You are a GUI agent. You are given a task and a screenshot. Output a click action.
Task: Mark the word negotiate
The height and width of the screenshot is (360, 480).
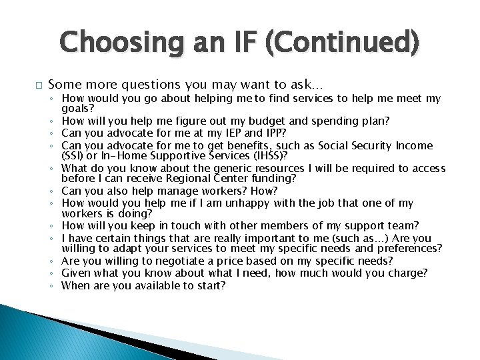pos(183,261)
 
